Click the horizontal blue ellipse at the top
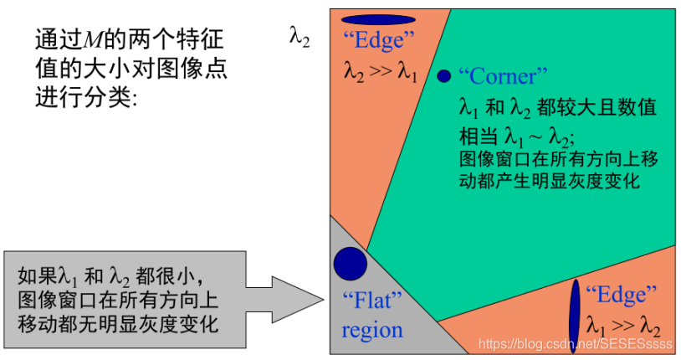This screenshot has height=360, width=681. (x=378, y=19)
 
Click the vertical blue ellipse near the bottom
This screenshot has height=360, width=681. (x=575, y=309)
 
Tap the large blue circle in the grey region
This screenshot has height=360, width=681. (x=350, y=264)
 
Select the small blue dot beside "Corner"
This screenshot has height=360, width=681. (x=443, y=76)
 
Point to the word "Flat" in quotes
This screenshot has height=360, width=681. (x=372, y=300)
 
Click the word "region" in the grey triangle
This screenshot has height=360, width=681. (x=371, y=329)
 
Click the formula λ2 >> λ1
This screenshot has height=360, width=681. (x=380, y=72)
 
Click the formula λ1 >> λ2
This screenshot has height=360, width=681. (x=623, y=326)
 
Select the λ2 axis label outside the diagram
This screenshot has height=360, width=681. (x=299, y=38)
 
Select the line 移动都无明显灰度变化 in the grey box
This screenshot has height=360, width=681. (x=117, y=322)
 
